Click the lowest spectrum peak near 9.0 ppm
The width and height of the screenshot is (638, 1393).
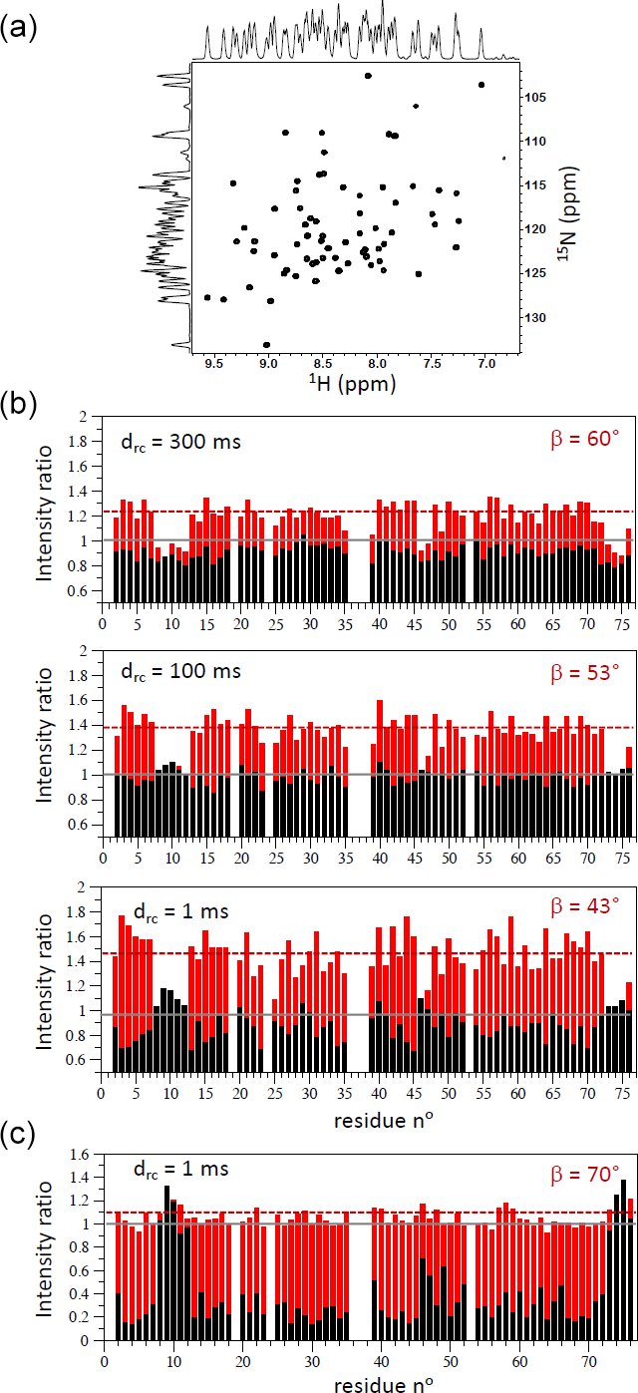tap(266, 344)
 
